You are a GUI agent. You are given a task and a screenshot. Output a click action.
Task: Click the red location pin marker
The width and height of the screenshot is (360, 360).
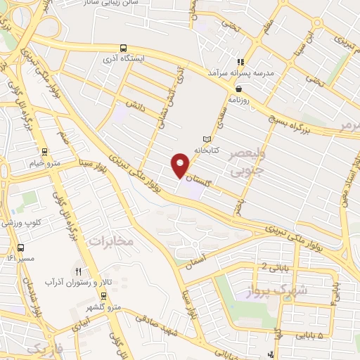point(181,167)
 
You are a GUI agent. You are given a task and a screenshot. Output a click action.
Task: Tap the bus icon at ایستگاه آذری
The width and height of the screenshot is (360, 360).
point(123,49)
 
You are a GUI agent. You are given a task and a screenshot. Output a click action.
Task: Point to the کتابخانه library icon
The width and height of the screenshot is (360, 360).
point(206,139)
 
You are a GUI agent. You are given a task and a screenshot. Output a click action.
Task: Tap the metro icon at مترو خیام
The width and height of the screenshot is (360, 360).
point(45,152)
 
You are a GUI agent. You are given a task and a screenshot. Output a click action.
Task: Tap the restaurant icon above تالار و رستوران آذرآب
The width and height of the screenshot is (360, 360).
point(79,271)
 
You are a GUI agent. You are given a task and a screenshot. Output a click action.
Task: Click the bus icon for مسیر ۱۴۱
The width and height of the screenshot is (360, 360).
point(20,247)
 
